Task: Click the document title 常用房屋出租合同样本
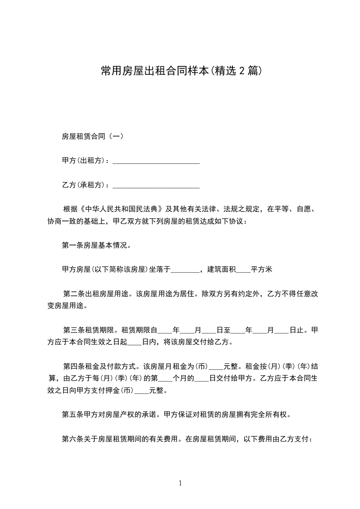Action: pyautogui.click(x=154, y=71)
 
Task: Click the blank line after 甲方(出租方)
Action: pyautogui.click(x=156, y=161)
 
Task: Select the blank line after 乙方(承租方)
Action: pyautogui.click(x=156, y=186)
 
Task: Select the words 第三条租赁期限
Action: pyautogui.click(x=89, y=331)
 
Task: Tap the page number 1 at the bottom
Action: pyautogui.click(x=180, y=483)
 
